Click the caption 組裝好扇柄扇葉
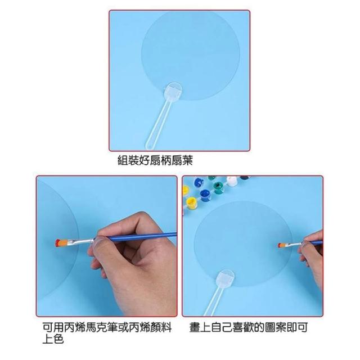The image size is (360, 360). (x=155, y=160)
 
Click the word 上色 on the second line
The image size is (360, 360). (x=53, y=339)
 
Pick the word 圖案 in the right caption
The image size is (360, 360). (x=275, y=327)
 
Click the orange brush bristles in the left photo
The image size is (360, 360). (x=61, y=243)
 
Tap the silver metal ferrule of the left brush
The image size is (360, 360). (x=81, y=241)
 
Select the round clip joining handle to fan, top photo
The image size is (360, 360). (x=174, y=90)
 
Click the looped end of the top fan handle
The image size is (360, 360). (x=150, y=145)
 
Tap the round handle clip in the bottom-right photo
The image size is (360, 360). (x=226, y=278)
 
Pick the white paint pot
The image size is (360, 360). (x=232, y=181)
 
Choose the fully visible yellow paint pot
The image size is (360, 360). (x=192, y=202)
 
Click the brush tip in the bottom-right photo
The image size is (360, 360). (x=281, y=245)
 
